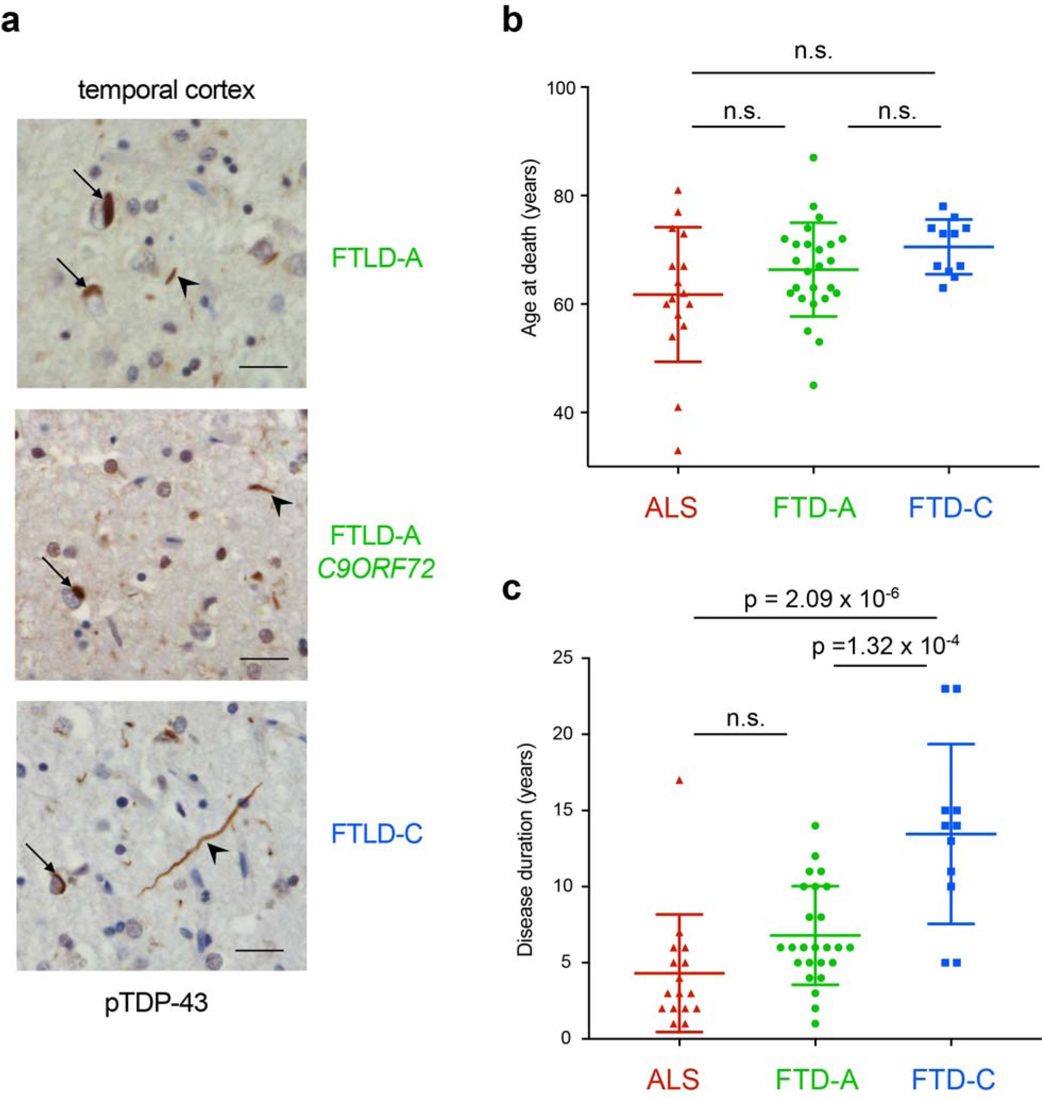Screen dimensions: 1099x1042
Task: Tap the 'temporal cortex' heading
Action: (166, 90)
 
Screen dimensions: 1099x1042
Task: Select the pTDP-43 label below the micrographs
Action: (156, 1003)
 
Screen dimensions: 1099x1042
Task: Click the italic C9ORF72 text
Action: (376, 569)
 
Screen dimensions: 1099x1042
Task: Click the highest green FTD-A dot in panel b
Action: (814, 158)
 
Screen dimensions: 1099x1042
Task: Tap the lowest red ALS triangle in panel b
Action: (678, 450)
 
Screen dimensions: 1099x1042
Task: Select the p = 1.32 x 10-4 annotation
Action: (885, 646)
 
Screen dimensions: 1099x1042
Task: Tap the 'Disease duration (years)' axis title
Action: (525, 851)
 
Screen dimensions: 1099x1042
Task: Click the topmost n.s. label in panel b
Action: (813, 51)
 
